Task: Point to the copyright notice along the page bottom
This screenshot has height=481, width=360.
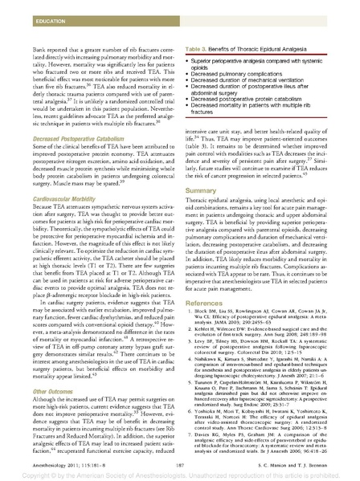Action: [180, 475]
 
